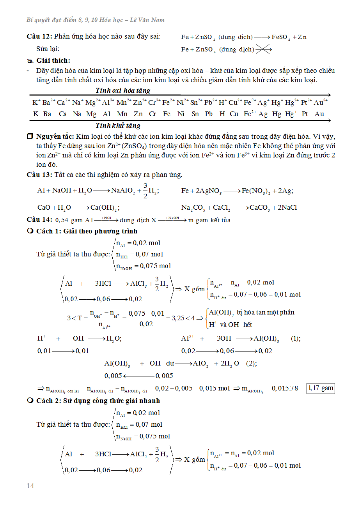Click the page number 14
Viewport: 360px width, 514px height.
[x=30, y=486]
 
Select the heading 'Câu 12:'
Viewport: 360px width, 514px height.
[x=39, y=37]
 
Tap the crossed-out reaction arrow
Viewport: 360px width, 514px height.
[x=264, y=49]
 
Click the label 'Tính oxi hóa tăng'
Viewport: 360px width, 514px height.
[x=123, y=90]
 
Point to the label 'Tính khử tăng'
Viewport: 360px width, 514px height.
[x=118, y=125]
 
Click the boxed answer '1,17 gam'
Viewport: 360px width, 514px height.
[x=321, y=388]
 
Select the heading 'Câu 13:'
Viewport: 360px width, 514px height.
[x=39, y=175]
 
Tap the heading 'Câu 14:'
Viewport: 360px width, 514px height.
[x=39, y=220]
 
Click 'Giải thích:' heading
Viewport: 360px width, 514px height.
[x=53, y=60]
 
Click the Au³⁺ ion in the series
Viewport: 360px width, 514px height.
[x=320, y=102]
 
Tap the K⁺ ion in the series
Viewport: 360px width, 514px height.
[x=36, y=102]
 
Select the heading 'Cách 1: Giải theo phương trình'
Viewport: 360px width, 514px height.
[x=87, y=231]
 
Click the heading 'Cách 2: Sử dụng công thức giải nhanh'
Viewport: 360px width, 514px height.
[x=98, y=401]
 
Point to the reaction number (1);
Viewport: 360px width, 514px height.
[x=296, y=339]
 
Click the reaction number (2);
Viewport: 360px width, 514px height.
[x=252, y=363]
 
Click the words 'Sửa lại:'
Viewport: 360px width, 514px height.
[x=48, y=49]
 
